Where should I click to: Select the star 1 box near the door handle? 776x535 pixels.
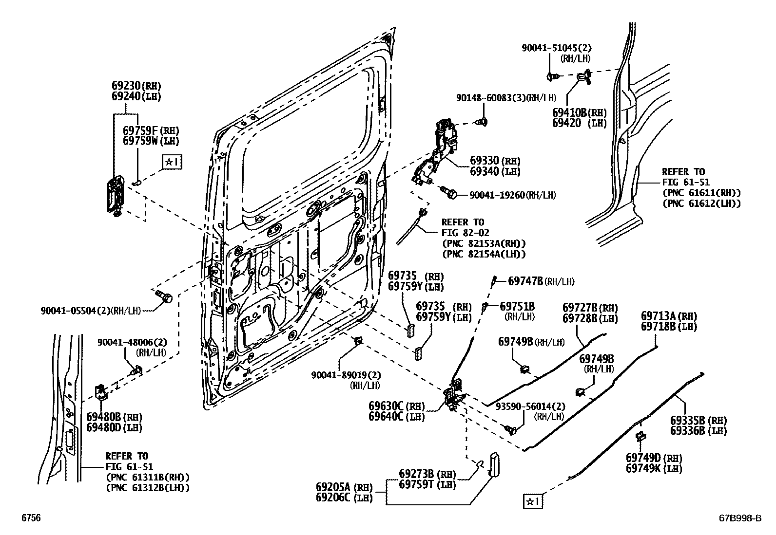click(172, 162)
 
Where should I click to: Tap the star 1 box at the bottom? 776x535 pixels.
click(534, 500)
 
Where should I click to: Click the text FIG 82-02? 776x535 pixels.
click(465, 233)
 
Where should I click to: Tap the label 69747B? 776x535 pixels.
click(525, 281)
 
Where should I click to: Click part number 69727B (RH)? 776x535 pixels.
click(580, 308)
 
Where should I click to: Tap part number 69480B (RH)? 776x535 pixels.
click(104, 417)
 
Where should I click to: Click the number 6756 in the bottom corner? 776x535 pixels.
click(31, 518)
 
